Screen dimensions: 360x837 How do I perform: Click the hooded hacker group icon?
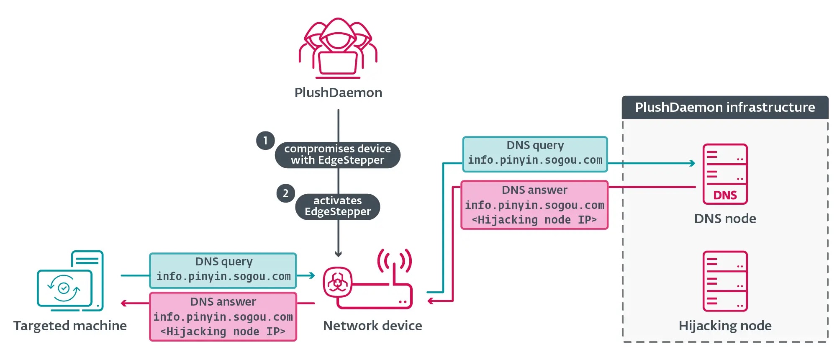(338, 48)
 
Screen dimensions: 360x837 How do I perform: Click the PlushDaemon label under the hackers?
(338, 93)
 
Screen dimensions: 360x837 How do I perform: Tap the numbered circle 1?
(265, 141)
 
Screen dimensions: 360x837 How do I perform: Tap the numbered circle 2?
(285, 193)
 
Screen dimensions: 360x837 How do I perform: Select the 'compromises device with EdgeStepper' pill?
(337, 154)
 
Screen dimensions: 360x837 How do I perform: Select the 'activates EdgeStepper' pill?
(337, 206)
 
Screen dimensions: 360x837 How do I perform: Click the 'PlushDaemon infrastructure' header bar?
(725, 108)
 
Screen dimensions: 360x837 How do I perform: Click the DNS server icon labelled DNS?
(725, 174)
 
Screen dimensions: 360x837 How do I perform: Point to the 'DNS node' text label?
(725, 219)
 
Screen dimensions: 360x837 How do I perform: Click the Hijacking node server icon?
(725, 281)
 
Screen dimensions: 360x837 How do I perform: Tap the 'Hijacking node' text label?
(725, 326)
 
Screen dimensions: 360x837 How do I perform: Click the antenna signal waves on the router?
(394, 260)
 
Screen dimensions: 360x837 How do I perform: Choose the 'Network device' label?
(372, 326)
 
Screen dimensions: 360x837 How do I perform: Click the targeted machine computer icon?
(70, 281)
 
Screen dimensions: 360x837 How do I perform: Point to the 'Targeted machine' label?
(70, 326)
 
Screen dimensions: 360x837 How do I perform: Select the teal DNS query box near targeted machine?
(223, 270)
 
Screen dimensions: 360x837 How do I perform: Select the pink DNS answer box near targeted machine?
(223, 316)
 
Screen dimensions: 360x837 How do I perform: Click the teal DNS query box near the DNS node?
(535, 154)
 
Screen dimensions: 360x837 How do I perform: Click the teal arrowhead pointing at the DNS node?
(693, 163)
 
